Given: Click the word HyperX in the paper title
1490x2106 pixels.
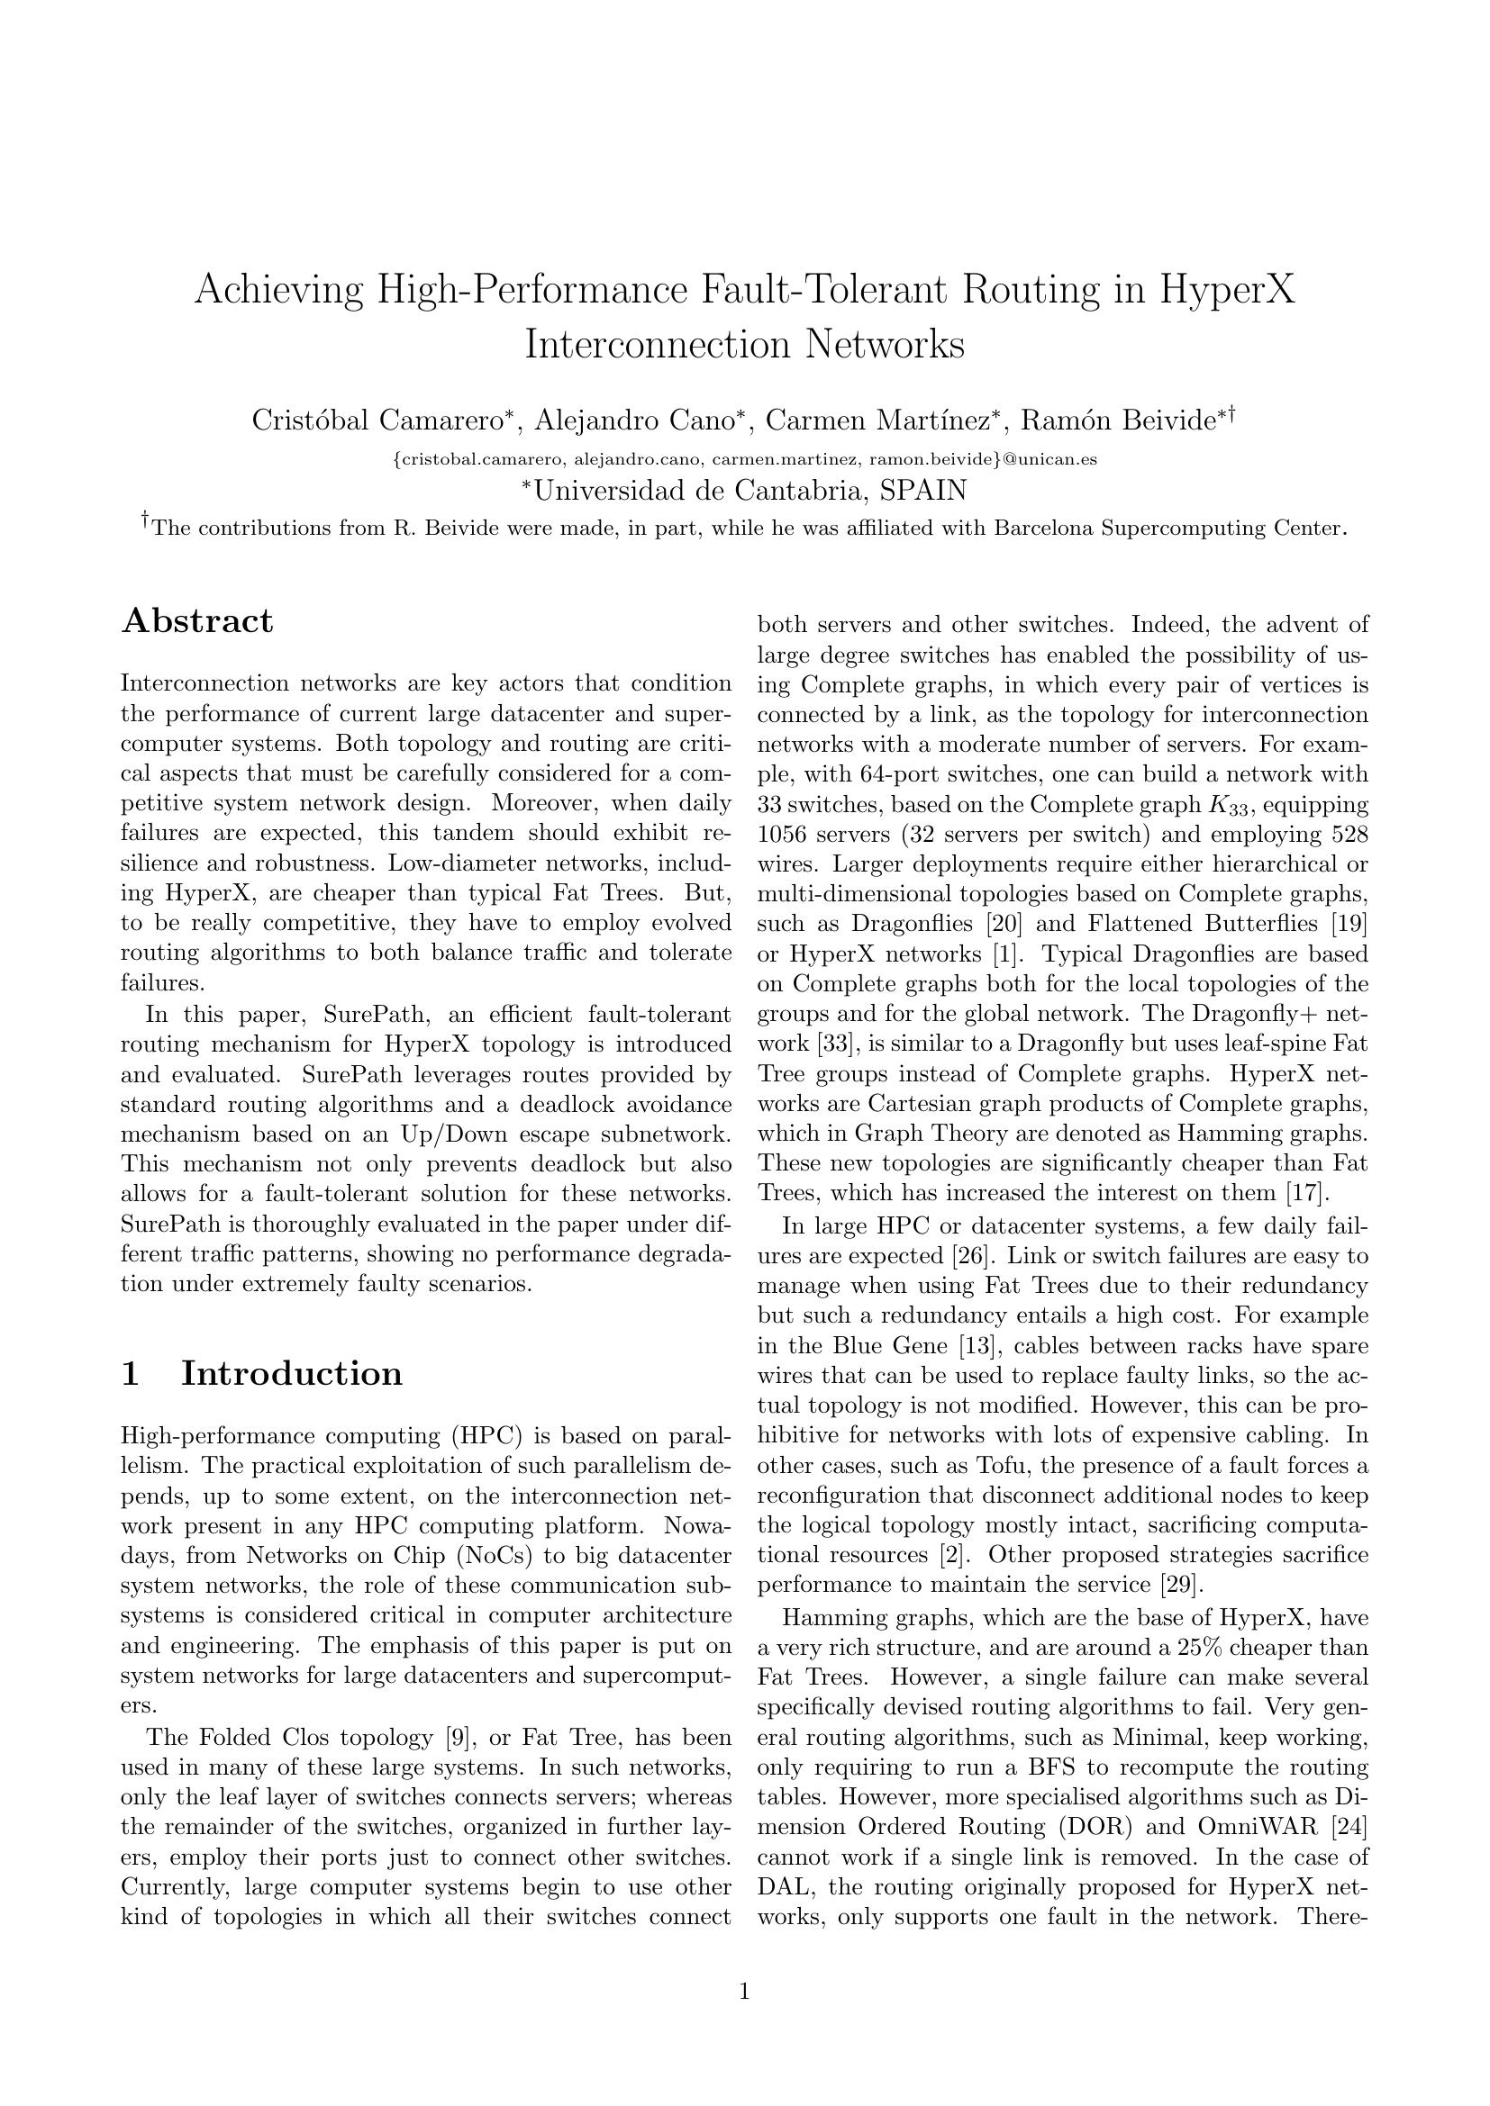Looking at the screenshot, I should tap(1228, 291).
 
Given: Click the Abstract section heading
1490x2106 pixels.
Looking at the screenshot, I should tap(197, 621).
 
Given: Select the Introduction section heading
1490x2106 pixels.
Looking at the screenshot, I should tap(291, 1373).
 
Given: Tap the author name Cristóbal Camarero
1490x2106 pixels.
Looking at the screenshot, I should tap(378, 420).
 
